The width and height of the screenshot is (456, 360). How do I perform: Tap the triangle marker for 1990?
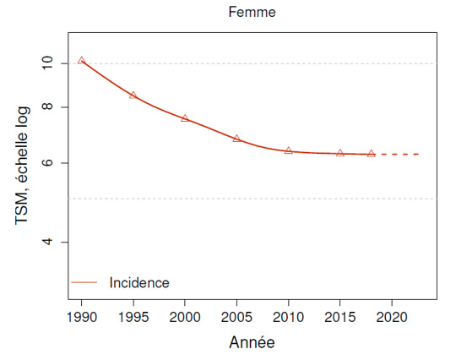(x=81, y=60)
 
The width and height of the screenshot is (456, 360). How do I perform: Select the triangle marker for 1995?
(x=133, y=95)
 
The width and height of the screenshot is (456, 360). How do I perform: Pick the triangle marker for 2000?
(x=185, y=118)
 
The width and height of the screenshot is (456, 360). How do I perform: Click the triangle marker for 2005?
(x=236, y=138)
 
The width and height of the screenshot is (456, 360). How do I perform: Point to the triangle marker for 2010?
(x=289, y=150)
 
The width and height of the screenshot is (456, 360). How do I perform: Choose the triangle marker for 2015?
(x=340, y=153)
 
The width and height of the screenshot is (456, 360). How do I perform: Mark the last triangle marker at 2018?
(x=372, y=154)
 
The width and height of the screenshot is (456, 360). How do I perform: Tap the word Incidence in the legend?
(x=139, y=283)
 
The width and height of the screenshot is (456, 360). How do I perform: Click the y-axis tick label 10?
(x=47, y=63)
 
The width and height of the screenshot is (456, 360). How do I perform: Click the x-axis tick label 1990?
(x=81, y=317)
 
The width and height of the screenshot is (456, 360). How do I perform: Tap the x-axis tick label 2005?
(x=236, y=317)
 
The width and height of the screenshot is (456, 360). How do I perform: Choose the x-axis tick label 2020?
(x=392, y=317)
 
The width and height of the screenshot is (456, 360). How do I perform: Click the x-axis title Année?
(x=252, y=343)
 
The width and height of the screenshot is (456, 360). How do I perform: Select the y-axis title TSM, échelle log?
(x=22, y=165)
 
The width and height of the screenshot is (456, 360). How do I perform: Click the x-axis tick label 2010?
(x=289, y=317)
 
